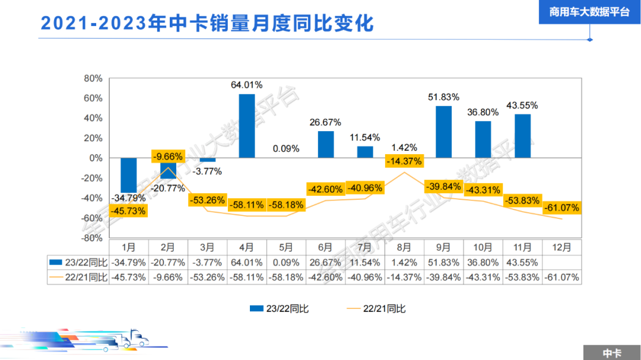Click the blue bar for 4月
pos(247,126)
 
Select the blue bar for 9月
pos(444,132)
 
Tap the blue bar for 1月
pos(129,175)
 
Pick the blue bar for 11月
pos(522,136)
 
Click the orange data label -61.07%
pos(561,208)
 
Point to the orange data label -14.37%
pos(404,161)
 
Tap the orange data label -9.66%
pos(168,157)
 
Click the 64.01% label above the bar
pos(247,85)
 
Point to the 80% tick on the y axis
pos(93,78)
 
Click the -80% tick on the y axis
pos(92,238)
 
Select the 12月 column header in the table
pos(561,247)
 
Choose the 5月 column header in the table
pos(286,247)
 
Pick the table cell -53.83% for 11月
pos(522,277)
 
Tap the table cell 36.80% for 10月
pos(483,262)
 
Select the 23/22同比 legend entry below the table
pos(279,308)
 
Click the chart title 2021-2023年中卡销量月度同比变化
pos(207,23)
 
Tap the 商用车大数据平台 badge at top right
pos(589,12)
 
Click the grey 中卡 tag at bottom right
pos(611,353)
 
